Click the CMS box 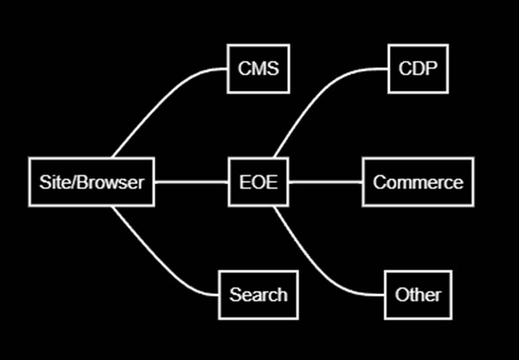(258, 69)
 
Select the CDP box (418, 69)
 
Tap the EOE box (258, 182)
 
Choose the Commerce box (418, 182)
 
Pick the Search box (258, 295)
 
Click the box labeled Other (418, 295)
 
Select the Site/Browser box (92, 182)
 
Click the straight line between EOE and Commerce (325, 182)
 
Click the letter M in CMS (259, 69)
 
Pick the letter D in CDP (418, 69)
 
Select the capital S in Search (235, 295)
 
